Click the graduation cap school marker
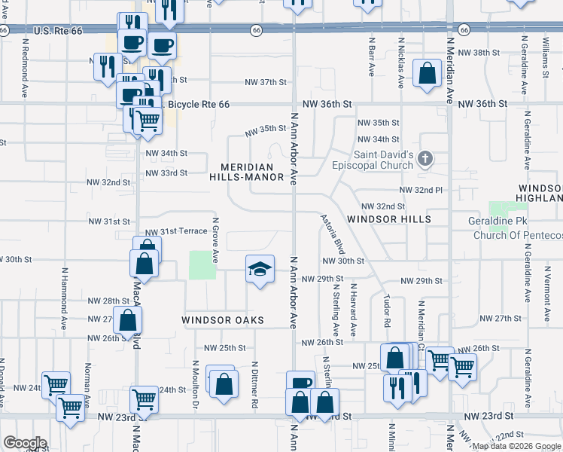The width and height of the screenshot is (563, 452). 258,269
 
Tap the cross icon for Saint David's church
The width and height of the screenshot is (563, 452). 425,157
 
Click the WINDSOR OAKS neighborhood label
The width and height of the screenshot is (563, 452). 223,320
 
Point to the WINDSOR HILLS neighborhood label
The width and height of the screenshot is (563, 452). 388,219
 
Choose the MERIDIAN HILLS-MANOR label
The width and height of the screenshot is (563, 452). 252,172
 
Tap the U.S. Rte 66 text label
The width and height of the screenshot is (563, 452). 56,30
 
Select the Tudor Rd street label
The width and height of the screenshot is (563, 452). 387,310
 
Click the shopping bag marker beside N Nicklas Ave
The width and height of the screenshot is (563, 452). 427,74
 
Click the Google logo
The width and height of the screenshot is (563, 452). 25,443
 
